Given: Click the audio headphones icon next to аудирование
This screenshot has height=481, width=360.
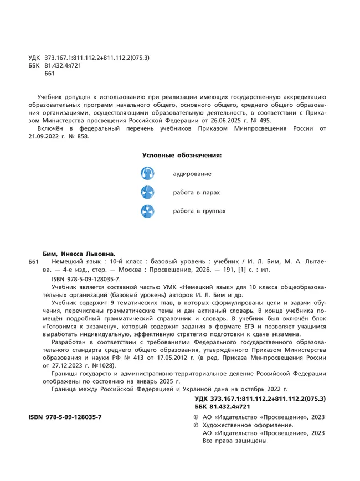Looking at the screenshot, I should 147,173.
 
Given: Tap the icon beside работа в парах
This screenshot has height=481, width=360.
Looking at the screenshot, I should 147,192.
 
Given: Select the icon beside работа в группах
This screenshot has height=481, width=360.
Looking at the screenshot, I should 147,211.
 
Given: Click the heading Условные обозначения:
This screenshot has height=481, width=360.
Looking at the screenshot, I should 182,155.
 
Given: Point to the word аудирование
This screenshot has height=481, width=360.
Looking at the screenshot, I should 192,174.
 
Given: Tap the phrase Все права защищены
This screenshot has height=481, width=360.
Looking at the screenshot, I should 235,441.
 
